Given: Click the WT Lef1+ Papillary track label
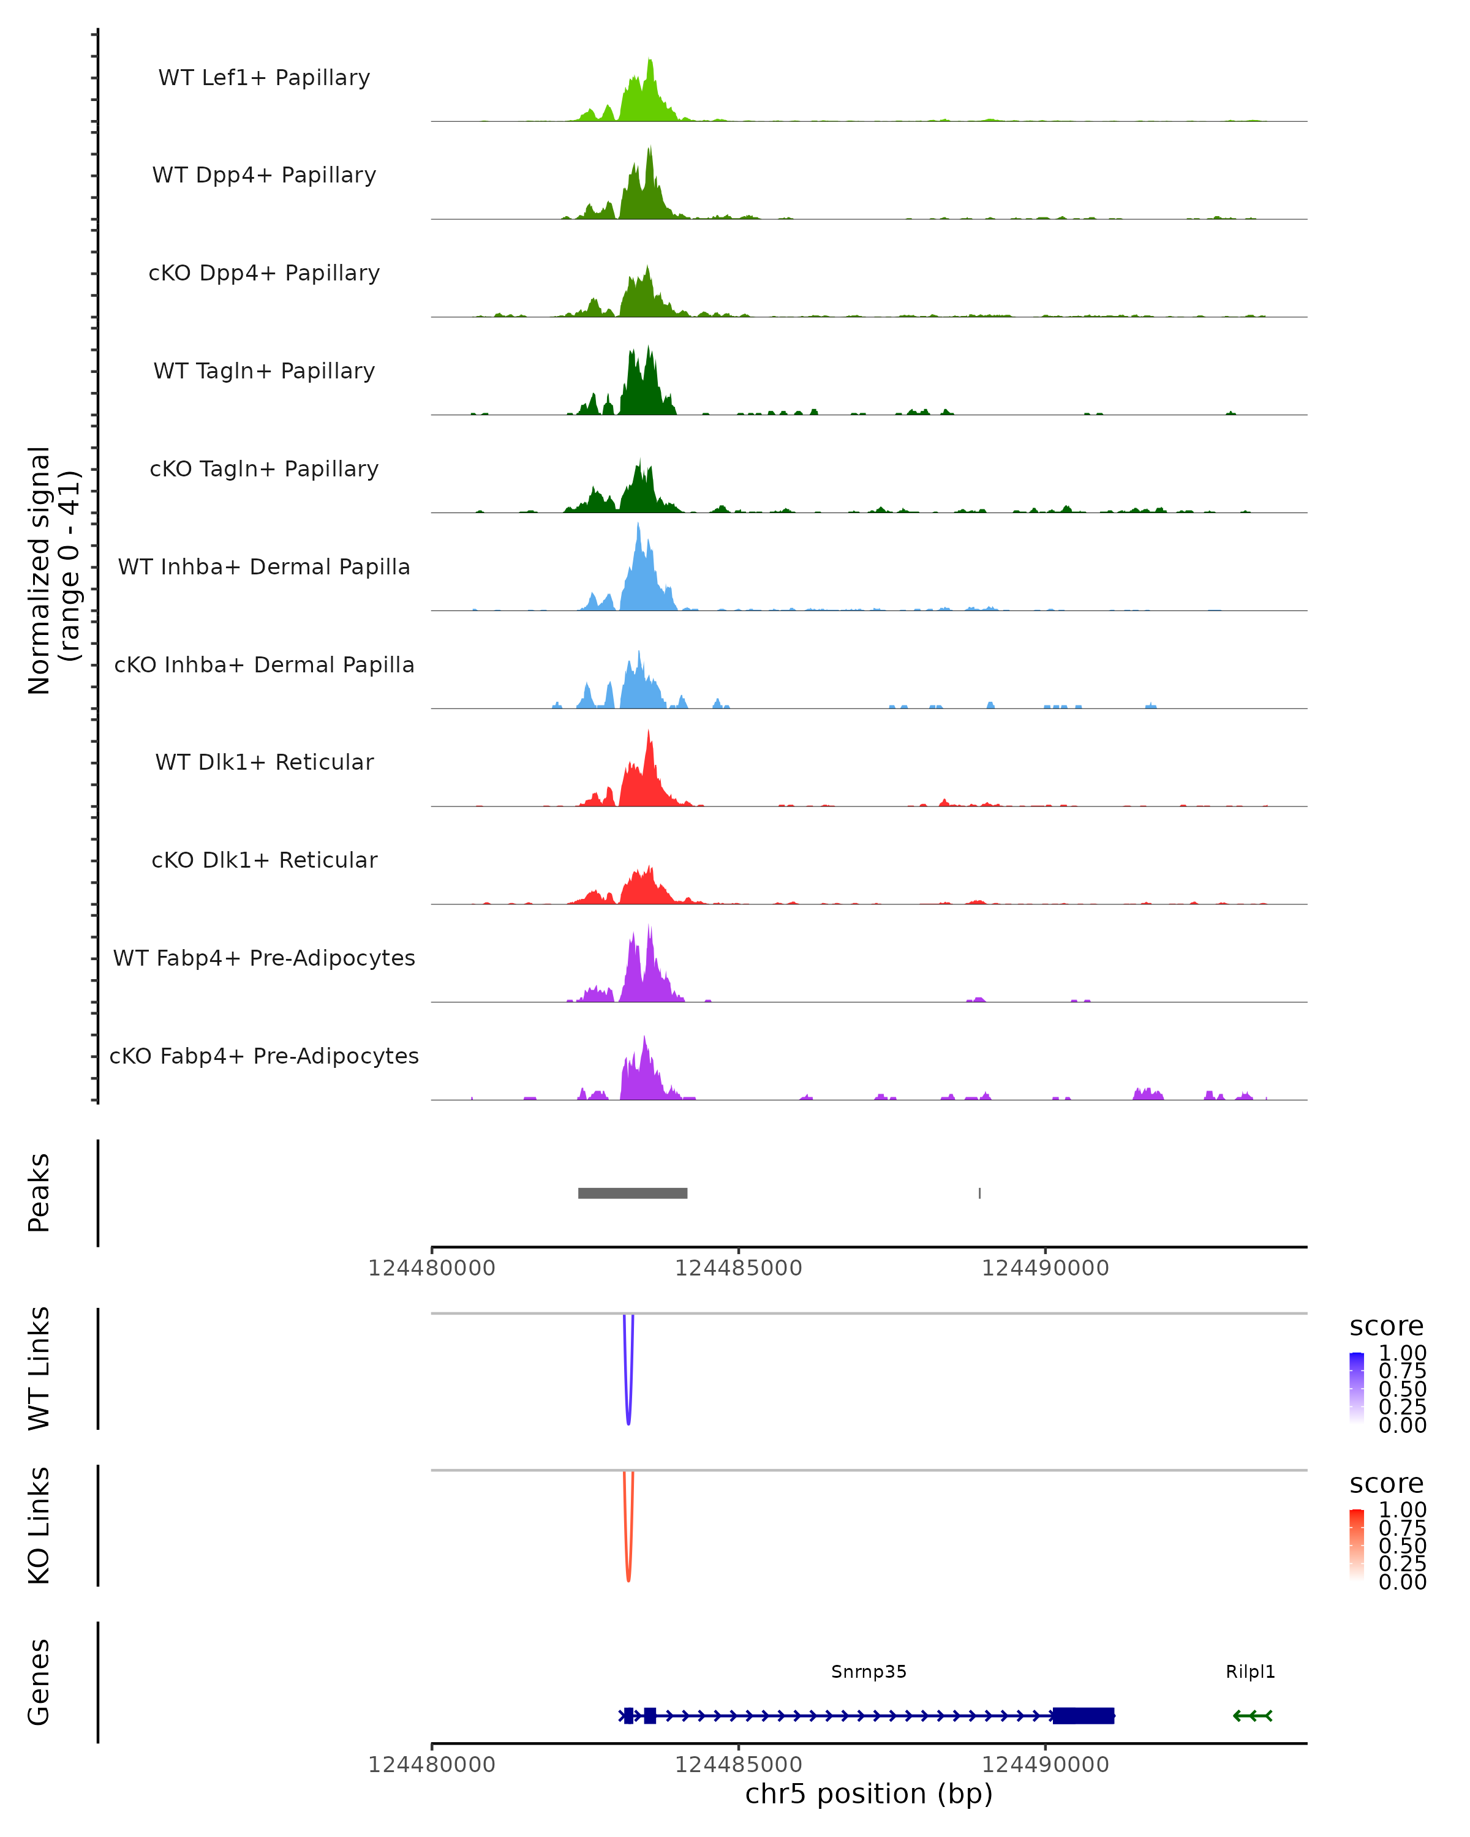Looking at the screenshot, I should pos(264,78).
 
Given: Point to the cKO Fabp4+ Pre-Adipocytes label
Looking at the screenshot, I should pos(264,1056).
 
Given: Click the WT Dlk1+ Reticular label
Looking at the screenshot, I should pos(264,762).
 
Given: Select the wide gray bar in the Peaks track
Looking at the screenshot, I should pos(632,1193).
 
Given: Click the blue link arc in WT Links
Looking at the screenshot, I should pos(628,1414).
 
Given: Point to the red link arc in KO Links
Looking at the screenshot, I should pos(628,1572).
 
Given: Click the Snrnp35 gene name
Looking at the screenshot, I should pos(869,1672).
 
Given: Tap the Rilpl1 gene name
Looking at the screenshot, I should pos(1250,1672).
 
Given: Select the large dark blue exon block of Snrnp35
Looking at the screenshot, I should pos(1083,1715).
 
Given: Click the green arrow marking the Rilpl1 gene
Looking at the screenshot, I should pos(1252,1715).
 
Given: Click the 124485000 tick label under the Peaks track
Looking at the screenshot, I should pos(738,1268).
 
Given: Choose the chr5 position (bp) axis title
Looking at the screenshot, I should pos(869,1794).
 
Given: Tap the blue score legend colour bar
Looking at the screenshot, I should pos(1357,1387).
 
